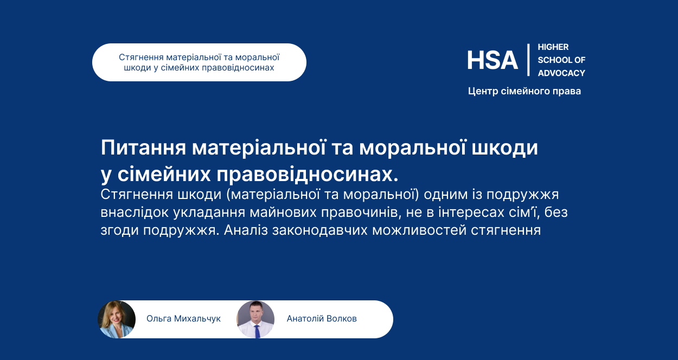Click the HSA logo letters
(x=492, y=60)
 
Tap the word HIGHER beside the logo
(x=553, y=47)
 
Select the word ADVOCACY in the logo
(x=561, y=73)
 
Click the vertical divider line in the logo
(x=528, y=60)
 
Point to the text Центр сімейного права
(x=525, y=91)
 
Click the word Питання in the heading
(x=143, y=147)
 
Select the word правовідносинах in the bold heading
(x=307, y=175)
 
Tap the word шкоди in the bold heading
(x=504, y=148)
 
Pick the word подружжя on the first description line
(x=523, y=195)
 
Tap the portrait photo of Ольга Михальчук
(x=117, y=319)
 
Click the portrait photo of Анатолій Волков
(x=255, y=319)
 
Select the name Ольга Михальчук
(x=183, y=319)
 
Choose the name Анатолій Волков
(x=322, y=319)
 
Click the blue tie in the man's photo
(x=257, y=331)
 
